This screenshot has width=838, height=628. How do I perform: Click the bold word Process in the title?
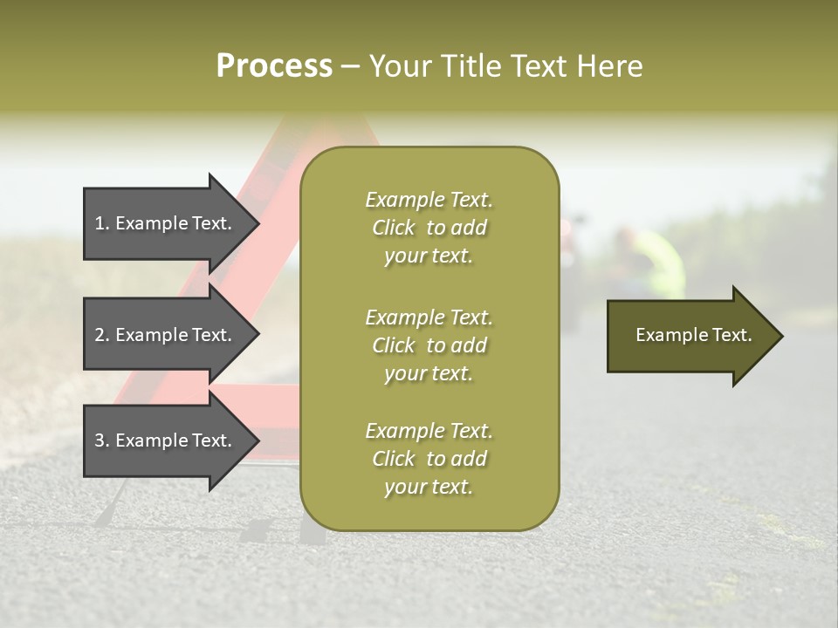click(x=274, y=66)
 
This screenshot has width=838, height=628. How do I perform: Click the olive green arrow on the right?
click(x=690, y=336)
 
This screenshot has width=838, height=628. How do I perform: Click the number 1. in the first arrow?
click(x=102, y=223)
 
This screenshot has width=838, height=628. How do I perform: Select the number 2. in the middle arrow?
click(x=102, y=335)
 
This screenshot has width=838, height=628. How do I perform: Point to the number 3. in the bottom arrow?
click(x=102, y=441)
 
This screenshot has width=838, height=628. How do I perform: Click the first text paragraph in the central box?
click(x=429, y=228)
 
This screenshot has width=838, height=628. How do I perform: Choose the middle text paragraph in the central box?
click(x=429, y=345)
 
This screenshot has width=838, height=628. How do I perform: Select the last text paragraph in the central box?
click(x=429, y=459)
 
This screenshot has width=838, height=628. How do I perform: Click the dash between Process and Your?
click(x=350, y=67)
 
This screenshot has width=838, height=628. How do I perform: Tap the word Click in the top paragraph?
click(x=394, y=228)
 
